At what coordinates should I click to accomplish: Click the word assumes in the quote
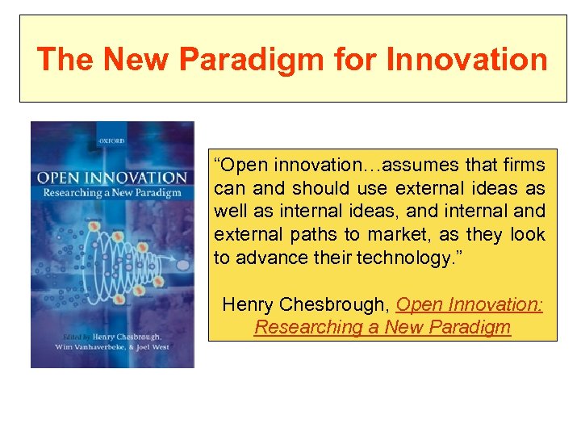[415, 166]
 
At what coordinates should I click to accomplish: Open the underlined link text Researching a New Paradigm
[382, 327]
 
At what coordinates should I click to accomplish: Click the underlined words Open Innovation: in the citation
[470, 304]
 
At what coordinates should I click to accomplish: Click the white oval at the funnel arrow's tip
[182, 265]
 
